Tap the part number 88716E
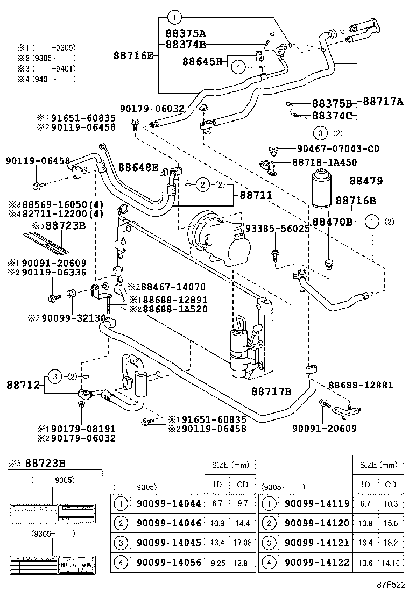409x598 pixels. [x=133, y=55]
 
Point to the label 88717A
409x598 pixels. [x=383, y=101]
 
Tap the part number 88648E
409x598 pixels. [x=138, y=167]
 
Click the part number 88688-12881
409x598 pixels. [x=361, y=385]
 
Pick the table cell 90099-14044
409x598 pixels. [x=168, y=504]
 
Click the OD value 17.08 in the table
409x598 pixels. [x=243, y=543]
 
